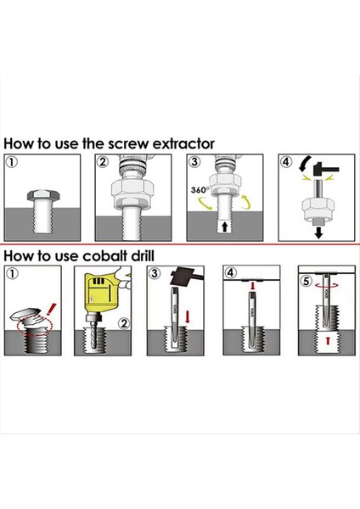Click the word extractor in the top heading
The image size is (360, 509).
[183, 143]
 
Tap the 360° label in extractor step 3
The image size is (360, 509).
[200, 189]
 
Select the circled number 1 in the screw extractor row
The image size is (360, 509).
[11, 162]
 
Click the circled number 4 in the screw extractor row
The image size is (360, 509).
[286, 162]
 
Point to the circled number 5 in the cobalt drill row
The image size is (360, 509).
[306, 281]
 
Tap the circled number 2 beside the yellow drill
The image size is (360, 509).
[124, 323]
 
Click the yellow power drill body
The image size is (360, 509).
[101, 291]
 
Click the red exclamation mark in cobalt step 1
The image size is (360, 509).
[51, 310]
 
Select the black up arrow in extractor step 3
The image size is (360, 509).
[224, 227]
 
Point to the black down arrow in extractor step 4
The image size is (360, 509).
[318, 232]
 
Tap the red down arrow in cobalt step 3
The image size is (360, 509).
[188, 317]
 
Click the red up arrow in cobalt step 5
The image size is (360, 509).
[327, 341]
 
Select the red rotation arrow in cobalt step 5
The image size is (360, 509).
[327, 286]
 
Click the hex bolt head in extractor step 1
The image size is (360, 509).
[43, 196]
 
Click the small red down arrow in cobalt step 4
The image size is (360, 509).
[253, 286]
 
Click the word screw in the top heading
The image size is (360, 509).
[128, 144]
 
